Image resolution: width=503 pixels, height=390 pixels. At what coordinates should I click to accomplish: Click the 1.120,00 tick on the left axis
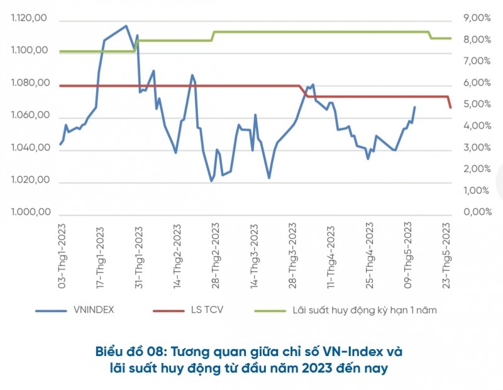point(30,18)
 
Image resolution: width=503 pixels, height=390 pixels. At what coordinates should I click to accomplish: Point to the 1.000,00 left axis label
point(30,213)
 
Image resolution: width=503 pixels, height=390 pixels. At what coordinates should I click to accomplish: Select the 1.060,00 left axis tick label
point(30,116)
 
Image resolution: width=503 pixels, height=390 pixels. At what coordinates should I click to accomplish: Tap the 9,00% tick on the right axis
point(477,18)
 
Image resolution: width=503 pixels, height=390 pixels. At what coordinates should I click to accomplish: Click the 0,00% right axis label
point(477,213)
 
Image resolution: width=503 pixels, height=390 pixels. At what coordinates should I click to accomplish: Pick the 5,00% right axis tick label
point(477,104)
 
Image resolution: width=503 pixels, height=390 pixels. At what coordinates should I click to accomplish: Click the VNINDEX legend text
point(94,309)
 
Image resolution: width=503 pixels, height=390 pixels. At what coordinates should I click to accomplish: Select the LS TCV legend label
point(206,309)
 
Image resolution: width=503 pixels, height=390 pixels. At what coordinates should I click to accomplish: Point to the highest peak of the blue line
point(126,26)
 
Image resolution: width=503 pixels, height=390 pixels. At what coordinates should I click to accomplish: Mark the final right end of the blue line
point(415,107)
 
